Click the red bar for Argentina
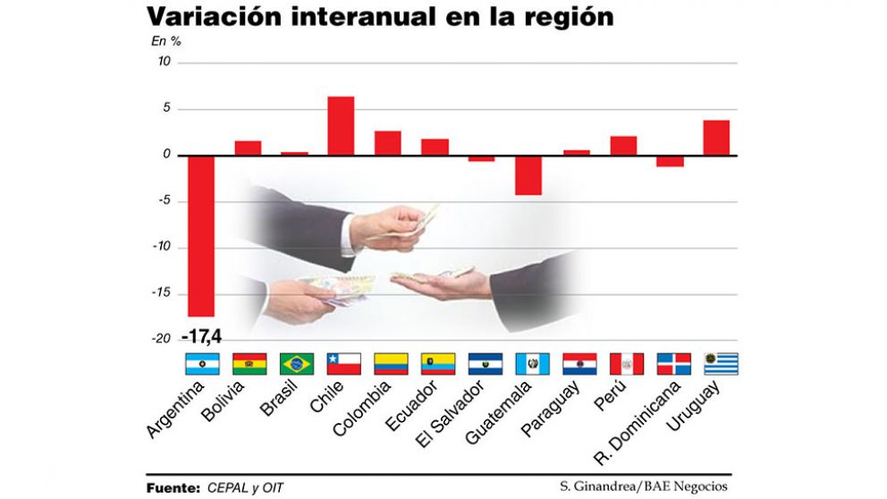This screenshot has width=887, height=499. (201, 236)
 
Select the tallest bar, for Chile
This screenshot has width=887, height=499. (341, 126)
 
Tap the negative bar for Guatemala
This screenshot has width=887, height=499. (528, 175)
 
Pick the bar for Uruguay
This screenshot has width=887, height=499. (716, 138)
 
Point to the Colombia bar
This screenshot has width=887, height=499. (387, 143)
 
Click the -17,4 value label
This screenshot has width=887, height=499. (201, 337)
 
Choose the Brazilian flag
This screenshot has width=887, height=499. (296, 364)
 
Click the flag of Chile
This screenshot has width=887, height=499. (343, 364)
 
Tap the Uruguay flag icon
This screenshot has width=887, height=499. (721, 364)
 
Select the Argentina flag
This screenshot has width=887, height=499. (202, 364)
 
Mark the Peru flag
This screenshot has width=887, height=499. (626, 364)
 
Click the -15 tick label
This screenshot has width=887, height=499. (161, 293)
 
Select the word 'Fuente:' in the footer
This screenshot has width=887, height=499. (173, 487)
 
